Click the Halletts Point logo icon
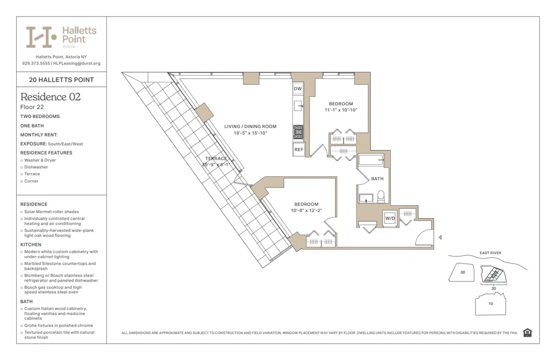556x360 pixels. (x=41, y=37)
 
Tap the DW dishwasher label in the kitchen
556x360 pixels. (x=298, y=89)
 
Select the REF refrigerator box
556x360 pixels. (x=299, y=149)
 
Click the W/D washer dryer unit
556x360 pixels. (x=390, y=218)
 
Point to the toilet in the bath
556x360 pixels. (x=381, y=195)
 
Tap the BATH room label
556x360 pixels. (x=377, y=179)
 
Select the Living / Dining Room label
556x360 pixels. (x=250, y=126)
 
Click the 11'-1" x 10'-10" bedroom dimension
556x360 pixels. (x=341, y=110)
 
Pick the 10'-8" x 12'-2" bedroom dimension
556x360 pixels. (x=306, y=210)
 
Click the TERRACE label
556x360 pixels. (x=216, y=159)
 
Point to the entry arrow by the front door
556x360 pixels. (x=440, y=238)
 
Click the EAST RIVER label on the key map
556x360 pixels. (x=490, y=253)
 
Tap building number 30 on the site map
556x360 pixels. (x=463, y=272)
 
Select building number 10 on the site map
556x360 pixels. (x=490, y=304)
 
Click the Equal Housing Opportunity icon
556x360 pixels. (x=527, y=333)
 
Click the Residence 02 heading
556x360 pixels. (x=51, y=97)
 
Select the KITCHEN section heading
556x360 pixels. (x=31, y=245)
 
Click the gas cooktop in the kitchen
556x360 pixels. (x=299, y=132)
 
